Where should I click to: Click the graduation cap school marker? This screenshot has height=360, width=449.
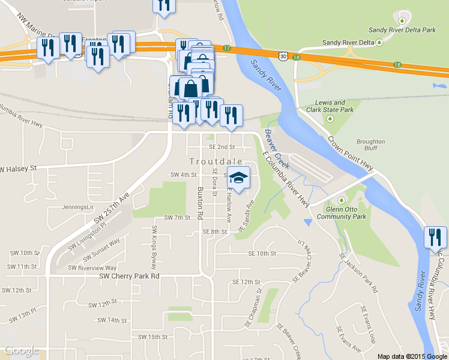(239, 179)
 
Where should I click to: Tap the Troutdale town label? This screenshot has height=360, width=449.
(216, 161)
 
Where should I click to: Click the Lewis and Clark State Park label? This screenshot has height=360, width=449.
(330, 106)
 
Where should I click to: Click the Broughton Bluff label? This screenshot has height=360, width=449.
(370, 145)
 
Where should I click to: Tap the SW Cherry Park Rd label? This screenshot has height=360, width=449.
(129, 277)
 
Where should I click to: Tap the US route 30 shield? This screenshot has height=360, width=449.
(282, 55)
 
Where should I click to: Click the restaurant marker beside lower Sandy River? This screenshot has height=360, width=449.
(434, 237)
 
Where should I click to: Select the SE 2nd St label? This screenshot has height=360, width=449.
(223, 146)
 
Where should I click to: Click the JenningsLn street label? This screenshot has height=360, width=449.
(79, 208)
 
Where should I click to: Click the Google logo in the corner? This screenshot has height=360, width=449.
(22, 351)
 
